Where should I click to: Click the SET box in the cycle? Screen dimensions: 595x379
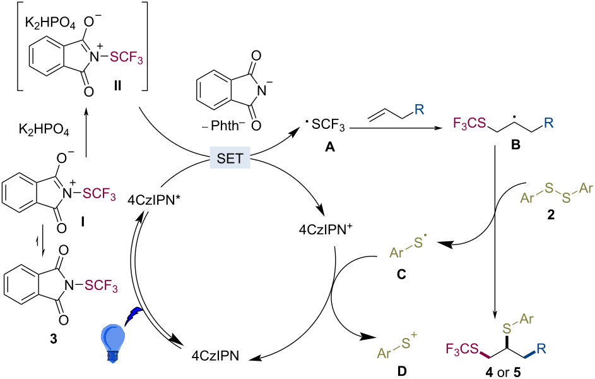(230, 158)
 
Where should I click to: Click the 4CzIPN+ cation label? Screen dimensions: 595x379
(323, 230)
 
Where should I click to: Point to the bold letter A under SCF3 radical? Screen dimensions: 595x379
(330, 147)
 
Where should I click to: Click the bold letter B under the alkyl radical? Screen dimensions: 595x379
(515, 145)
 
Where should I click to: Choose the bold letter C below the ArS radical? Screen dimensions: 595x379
(401, 274)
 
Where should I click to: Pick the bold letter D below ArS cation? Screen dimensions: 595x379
(402, 371)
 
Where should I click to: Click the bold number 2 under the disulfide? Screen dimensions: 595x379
(551, 215)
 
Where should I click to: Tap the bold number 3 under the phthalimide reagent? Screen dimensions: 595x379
(54, 339)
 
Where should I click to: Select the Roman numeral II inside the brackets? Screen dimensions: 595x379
(117, 86)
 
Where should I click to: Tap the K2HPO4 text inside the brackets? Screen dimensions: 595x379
(50, 24)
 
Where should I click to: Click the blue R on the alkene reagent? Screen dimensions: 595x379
(418, 110)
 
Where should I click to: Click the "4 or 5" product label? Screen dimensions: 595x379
(503, 372)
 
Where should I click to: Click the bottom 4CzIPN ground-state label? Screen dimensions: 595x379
(215, 356)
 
